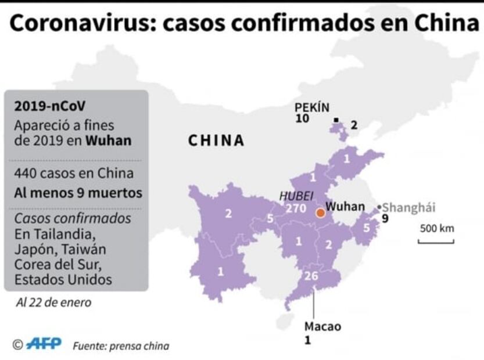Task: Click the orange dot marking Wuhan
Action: pyautogui.click(x=320, y=213)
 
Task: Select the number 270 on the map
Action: pyautogui.click(x=296, y=208)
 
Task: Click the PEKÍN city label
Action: pyautogui.click(x=311, y=107)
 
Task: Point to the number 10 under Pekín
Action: pyautogui.click(x=302, y=119)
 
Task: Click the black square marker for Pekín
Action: pyautogui.click(x=336, y=120)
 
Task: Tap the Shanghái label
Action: pyautogui.click(x=409, y=207)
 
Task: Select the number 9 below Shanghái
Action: pyautogui.click(x=385, y=218)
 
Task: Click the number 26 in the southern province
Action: pyautogui.click(x=311, y=276)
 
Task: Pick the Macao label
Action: pyautogui.click(x=322, y=326)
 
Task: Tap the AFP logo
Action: pyautogui.click(x=44, y=344)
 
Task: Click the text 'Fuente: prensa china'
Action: pyautogui.click(x=121, y=346)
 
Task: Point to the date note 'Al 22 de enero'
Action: pyautogui.click(x=53, y=303)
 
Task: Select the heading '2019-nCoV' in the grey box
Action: pyautogui.click(x=44, y=106)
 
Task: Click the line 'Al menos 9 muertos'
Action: pyautogui.click(x=78, y=193)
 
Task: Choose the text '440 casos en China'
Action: pyautogui.click(x=74, y=173)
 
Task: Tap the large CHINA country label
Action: pyautogui.click(x=216, y=141)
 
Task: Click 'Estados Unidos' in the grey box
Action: pyautogui.click(x=63, y=279)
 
